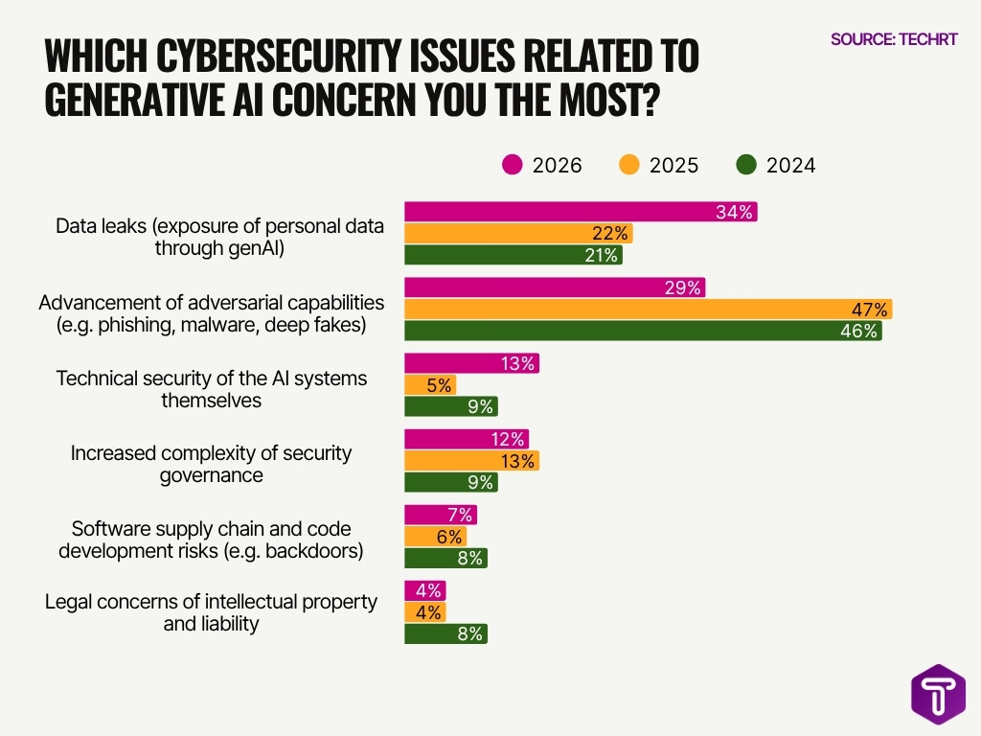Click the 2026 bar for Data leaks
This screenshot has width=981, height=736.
click(x=581, y=212)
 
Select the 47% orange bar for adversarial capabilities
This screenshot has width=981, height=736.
click(x=648, y=310)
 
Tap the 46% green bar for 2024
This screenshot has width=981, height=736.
click(x=643, y=331)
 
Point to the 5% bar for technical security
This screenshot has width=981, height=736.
click(x=430, y=384)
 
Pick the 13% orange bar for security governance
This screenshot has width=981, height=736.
click(x=471, y=461)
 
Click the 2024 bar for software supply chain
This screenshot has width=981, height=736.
click(x=445, y=558)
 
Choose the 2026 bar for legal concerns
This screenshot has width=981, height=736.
click(x=424, y=590)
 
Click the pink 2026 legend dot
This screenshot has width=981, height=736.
click(x=513, y=165)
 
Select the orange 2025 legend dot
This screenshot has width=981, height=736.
click(x=628, y=165)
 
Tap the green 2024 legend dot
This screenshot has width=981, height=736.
click(x=746, y=165)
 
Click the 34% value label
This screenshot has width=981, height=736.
click(x=735, y=212)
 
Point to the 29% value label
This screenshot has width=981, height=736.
click(x=682, y=287)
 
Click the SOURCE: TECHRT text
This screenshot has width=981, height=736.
click(x=892, y=39)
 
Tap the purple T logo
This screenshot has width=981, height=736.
click(x=937, y=695)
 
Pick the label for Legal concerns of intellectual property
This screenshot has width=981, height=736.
click(x=211, y=612)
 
